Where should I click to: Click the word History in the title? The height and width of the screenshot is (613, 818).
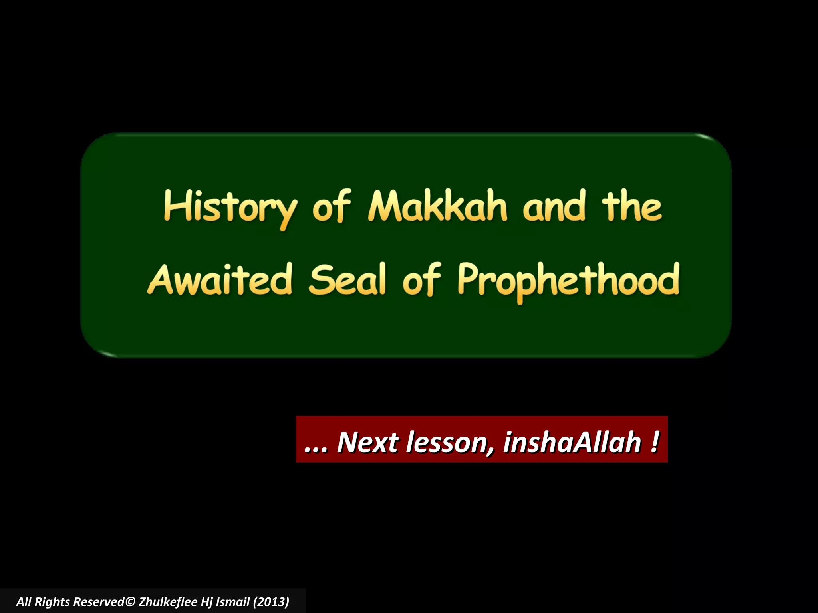230,208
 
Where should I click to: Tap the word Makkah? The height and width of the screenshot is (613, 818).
437,206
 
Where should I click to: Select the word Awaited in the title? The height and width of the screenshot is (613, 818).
220,280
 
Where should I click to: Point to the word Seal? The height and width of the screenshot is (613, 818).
347,280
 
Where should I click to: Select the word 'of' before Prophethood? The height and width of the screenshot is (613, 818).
421,280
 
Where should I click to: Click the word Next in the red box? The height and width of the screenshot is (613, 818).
368,442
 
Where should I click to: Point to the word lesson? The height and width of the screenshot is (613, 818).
450,442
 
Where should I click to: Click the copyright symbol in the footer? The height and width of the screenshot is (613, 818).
130,601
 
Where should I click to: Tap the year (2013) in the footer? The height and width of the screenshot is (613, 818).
271,601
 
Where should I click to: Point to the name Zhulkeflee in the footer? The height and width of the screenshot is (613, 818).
168,601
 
